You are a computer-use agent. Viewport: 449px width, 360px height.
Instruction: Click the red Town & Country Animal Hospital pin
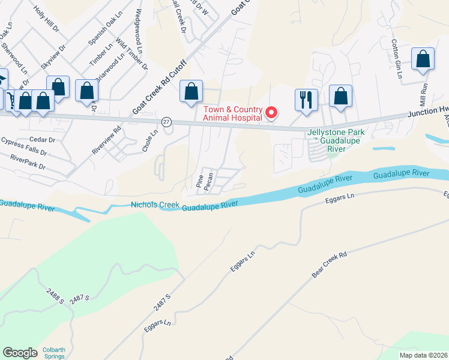pos(271,112)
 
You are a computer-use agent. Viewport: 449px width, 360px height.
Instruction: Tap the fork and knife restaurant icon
pos(306,100)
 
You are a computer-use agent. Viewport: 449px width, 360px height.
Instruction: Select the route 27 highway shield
pos(167,121)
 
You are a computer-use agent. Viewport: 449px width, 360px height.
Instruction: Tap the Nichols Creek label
pos(155,205)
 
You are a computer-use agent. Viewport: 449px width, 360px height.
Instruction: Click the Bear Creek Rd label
pos(330,264)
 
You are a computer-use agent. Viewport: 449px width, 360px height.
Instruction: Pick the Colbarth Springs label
pos(58,353)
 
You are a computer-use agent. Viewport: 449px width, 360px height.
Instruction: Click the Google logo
pos(20,353)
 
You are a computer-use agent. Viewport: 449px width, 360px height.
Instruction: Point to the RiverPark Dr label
pos(28,162)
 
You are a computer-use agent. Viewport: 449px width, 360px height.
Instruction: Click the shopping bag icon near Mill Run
pos(423,60)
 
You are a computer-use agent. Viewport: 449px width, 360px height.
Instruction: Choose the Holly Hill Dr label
pos(47,19)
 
